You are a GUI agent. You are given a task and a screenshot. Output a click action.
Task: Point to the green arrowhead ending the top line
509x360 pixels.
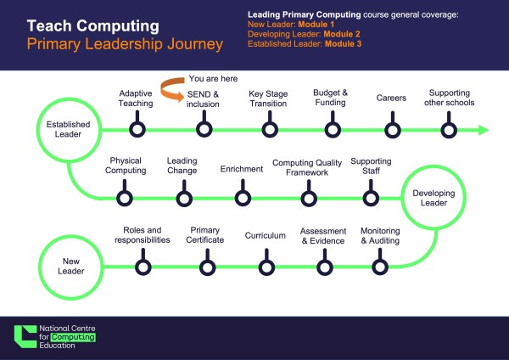coord(484,130)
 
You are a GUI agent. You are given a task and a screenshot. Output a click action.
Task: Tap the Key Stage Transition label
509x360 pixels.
coord(268,98)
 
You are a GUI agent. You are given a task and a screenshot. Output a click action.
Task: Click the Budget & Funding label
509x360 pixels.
coord(331,98)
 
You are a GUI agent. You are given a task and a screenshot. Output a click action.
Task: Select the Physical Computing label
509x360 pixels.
coord(126,166)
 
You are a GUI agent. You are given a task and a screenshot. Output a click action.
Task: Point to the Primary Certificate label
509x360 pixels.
coord(204,235)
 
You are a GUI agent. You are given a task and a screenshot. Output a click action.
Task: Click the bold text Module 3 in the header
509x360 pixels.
coord(343,44)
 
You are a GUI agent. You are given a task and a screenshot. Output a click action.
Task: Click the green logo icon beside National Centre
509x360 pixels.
coord(25,336)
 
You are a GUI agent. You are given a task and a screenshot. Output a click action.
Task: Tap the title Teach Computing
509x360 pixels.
coord(93,25)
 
